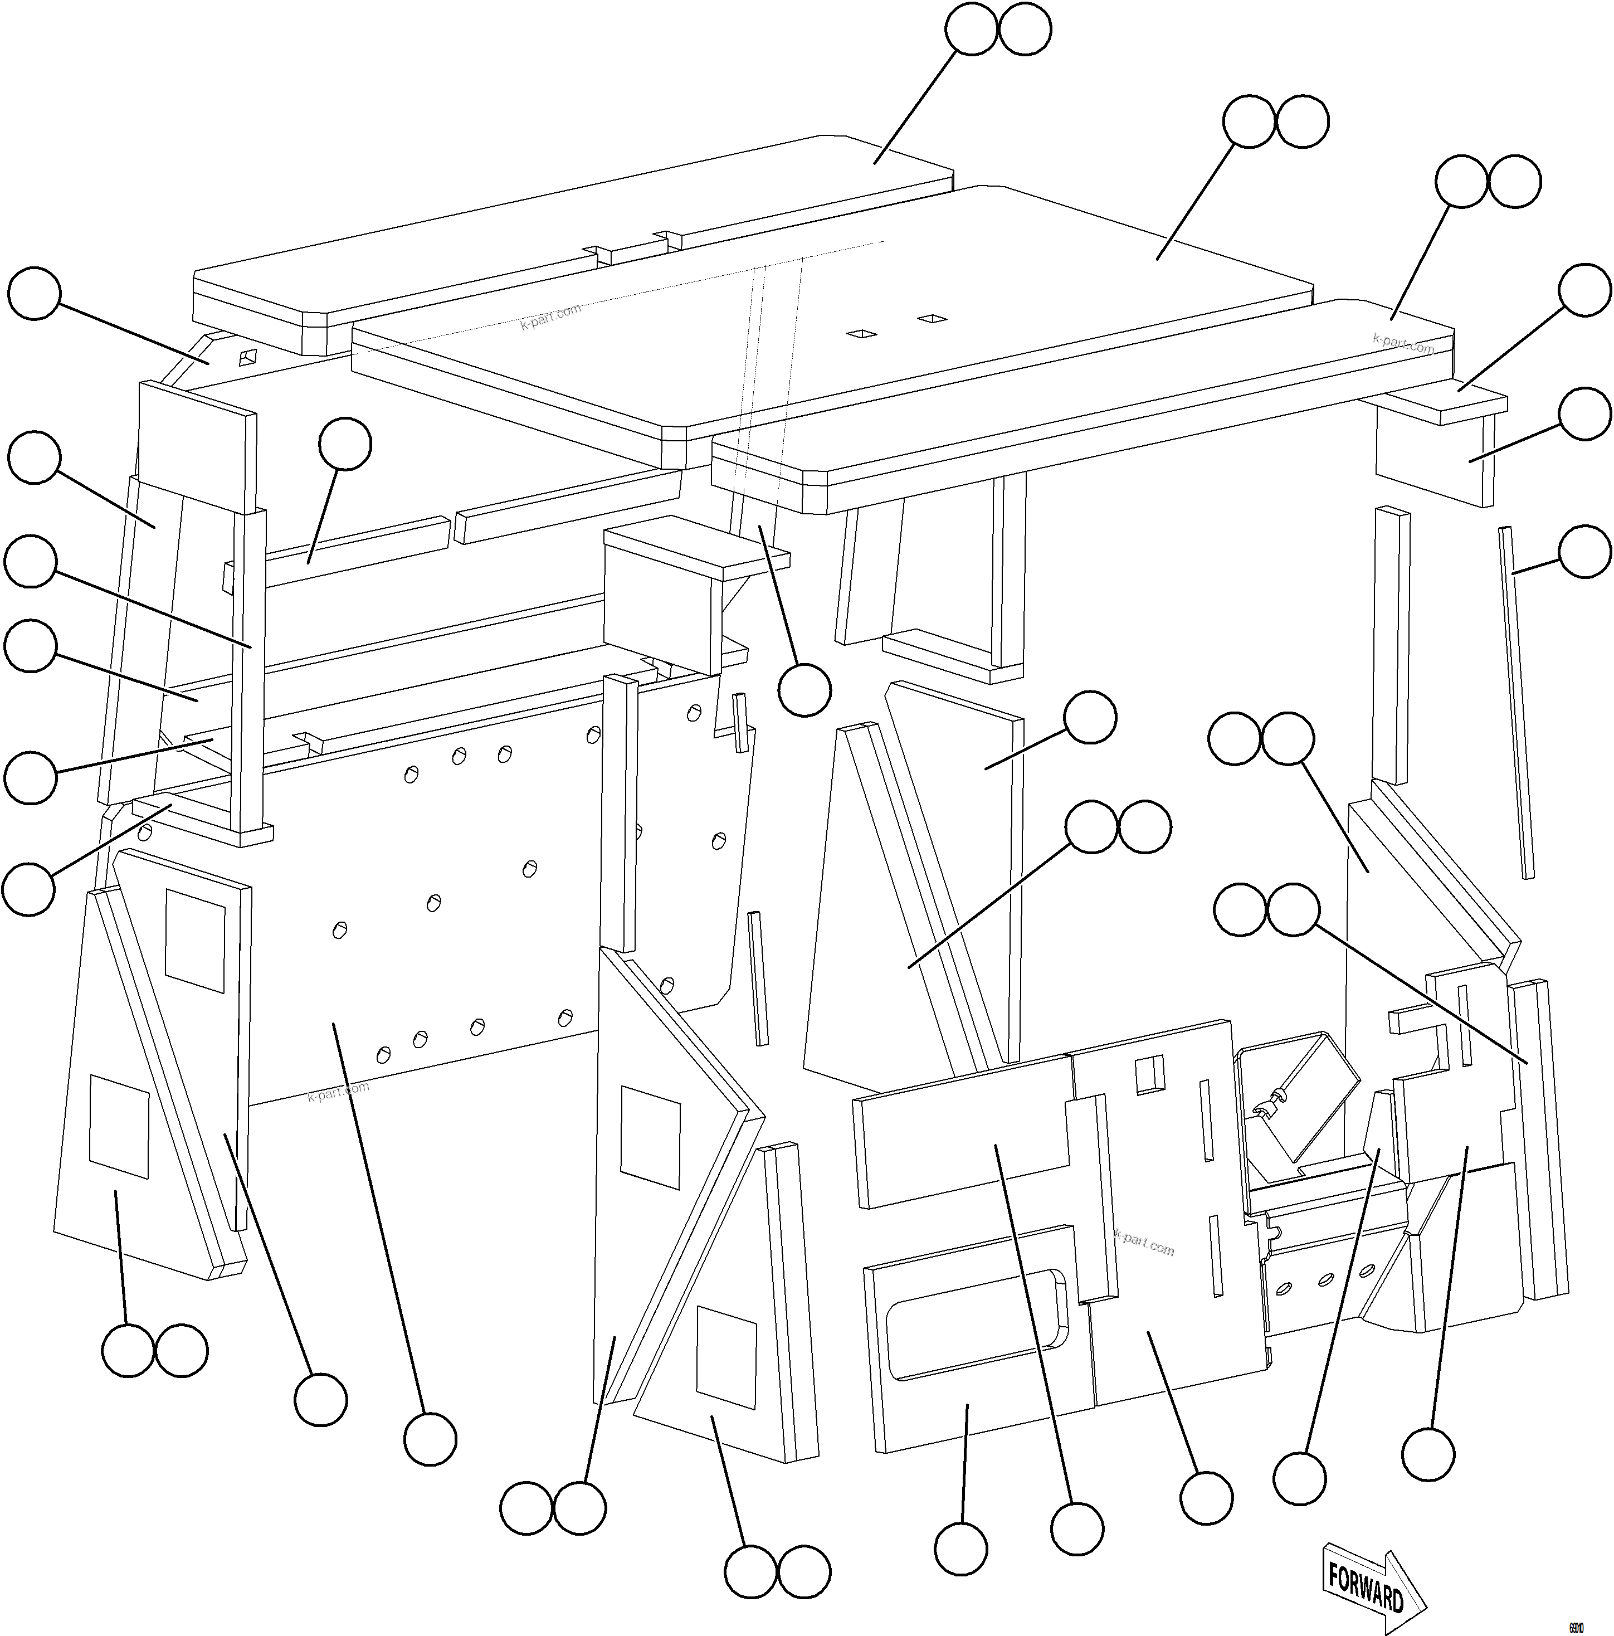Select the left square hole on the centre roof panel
861,334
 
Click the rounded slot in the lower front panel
974,1328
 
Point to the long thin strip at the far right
1516,703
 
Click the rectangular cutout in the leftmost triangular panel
119,1126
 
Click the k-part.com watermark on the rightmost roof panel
1403,343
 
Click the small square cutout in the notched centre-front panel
1149,1075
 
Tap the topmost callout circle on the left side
34,294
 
